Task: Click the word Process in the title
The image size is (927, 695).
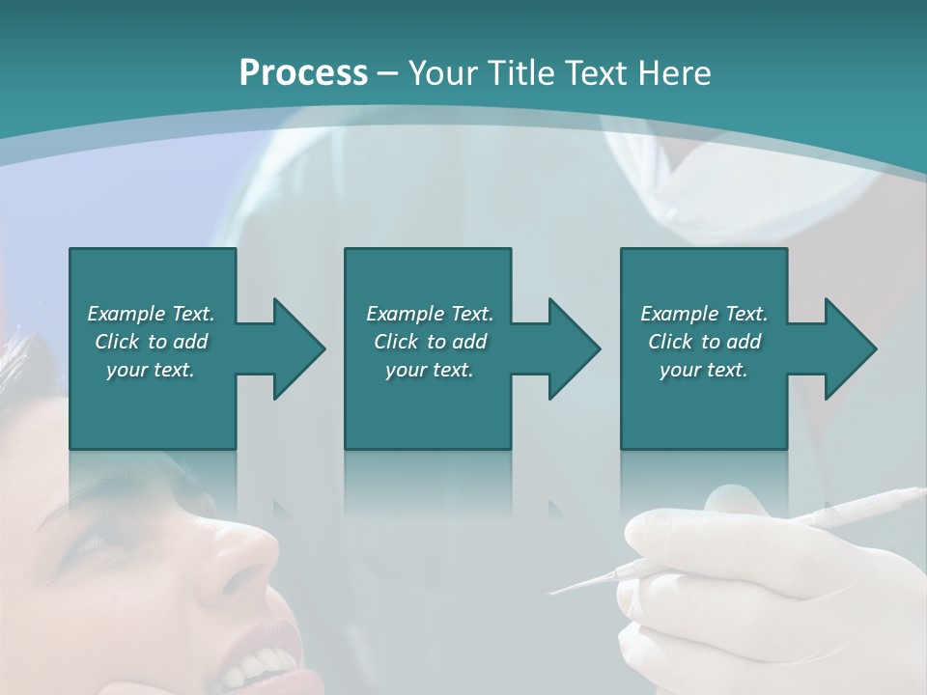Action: [x=303, y=73]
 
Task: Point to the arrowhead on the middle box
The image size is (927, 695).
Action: [x=573, y=348]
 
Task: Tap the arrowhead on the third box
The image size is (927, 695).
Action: [x=849, y=348]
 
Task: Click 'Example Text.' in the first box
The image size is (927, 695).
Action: [x=151, y=314]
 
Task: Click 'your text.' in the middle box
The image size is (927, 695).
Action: [x=429, y=370]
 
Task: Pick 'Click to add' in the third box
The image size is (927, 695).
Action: [x=704, y=342]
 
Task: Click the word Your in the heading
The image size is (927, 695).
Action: [x=442, y=73]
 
